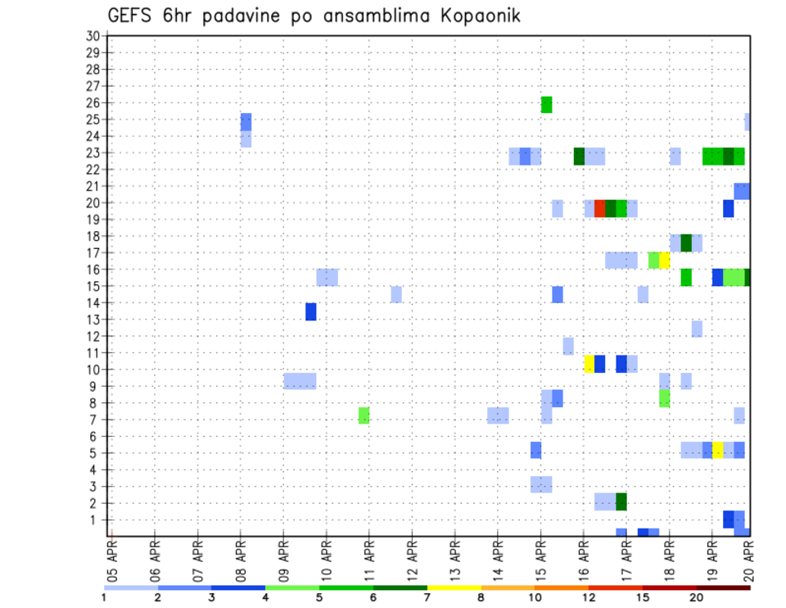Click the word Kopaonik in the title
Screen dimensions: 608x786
[472, 16]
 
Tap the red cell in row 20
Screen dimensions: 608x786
[599, 208]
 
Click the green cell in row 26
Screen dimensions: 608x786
[546, 104]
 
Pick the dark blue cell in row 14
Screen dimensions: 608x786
[310, 311]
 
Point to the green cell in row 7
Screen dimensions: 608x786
[364, 415]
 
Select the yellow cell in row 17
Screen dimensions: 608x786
[664, 260]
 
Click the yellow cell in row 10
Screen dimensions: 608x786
[589, 364]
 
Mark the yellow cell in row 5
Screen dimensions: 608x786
[717, 450]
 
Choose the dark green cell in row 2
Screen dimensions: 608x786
[621, 501]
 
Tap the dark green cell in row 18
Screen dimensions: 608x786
[685, 243]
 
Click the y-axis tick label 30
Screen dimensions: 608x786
[93, 35]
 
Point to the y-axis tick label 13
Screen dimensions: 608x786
[93, 320]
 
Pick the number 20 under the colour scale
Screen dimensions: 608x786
[697, 597]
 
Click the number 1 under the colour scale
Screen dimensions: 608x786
[104, 597]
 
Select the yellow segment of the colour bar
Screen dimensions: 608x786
[454, 587]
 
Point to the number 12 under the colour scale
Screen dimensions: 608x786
[589, 597]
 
